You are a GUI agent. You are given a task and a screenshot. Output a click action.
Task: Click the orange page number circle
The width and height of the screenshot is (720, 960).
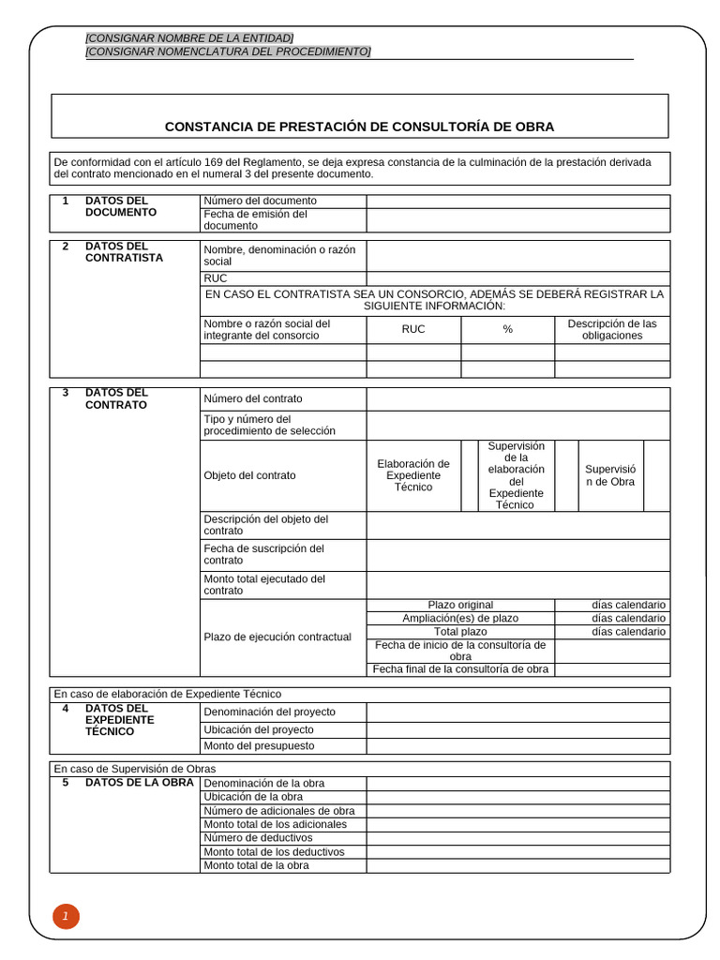tap(66, 917)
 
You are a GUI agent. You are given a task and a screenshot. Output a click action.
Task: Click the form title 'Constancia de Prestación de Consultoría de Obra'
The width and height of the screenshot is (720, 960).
tap(359, 126)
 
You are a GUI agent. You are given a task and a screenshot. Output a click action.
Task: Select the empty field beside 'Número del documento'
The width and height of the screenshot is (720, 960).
tap(517, 201)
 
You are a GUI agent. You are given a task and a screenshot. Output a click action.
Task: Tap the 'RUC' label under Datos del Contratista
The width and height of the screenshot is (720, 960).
tap(216, 278)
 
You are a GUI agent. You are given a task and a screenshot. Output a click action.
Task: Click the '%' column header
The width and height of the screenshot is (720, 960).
tap(507, 329)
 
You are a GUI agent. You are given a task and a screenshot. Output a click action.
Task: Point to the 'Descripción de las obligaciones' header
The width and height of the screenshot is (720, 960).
tap(612, 329)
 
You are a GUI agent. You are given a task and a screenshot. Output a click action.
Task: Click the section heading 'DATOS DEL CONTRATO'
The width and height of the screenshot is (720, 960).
tap(116, 398)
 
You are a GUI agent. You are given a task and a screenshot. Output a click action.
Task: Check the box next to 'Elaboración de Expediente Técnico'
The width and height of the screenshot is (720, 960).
tap(469, 475)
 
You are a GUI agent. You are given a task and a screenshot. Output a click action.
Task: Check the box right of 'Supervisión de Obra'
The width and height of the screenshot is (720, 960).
tap(656, 475)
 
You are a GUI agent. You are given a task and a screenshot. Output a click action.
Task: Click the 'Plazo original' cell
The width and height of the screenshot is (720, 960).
tap(460, 605)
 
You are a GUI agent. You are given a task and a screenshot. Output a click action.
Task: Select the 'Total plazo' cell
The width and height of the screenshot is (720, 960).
tap(460, 632)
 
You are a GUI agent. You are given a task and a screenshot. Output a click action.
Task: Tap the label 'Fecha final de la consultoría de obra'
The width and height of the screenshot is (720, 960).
tap(460, 669)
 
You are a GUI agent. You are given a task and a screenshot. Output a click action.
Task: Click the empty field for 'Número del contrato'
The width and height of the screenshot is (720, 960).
tap(517, 398)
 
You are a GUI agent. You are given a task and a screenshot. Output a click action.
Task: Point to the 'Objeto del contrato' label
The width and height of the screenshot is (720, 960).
tap(249, 475)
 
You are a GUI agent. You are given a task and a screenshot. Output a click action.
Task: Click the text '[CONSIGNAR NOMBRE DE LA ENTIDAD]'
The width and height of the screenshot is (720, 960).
tap(189, 37)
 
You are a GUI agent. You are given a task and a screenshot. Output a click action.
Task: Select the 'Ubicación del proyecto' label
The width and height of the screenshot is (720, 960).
tap(259, 729)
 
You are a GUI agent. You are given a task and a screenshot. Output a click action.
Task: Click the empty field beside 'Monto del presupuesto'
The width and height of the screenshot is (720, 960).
tap(517, 745)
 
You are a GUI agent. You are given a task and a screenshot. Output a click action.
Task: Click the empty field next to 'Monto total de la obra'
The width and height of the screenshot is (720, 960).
tap(517, 865)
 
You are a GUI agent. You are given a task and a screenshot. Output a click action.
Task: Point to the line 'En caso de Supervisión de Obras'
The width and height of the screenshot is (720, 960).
tap(135, 769)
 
